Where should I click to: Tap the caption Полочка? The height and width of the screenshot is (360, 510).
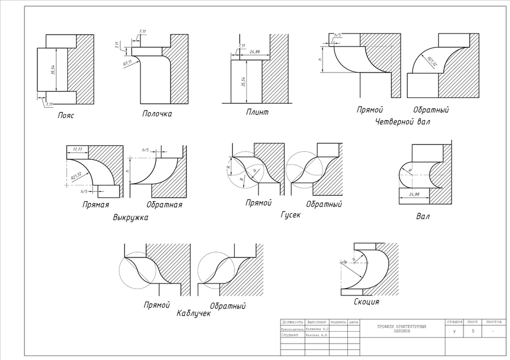point(156,114)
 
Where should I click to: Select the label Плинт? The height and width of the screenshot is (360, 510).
point(257,112)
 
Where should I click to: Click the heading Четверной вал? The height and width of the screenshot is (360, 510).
point(402,121)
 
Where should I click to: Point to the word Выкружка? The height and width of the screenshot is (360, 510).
point(130,217)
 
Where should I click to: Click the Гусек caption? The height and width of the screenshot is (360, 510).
point(290,215)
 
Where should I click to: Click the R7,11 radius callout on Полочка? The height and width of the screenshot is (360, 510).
point(127,63)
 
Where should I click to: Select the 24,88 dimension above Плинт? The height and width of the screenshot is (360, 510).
point(254,52)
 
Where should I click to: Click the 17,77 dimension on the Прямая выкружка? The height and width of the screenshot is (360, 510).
point(74,149)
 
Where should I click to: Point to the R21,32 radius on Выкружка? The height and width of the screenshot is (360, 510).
point(78,177)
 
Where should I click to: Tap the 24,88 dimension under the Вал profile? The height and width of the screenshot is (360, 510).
point(414,194)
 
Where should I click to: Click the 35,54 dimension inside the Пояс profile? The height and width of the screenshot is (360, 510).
point(53,70)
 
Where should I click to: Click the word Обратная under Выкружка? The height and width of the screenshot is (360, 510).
point(164,204)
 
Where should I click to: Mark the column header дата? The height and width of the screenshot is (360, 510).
point(354,322)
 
